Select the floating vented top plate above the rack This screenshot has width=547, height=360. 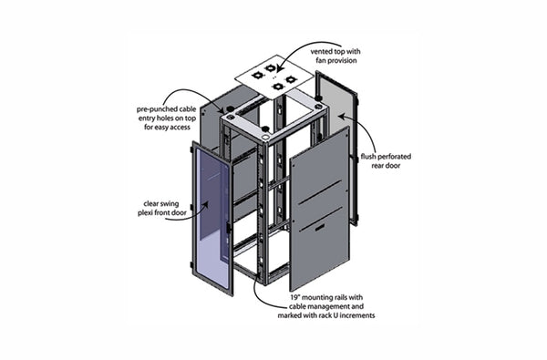[x=274, y=75]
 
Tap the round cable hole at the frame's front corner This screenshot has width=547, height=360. [x=263, y=128]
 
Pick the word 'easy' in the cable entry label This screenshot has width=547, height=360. [x=162, y=129]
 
